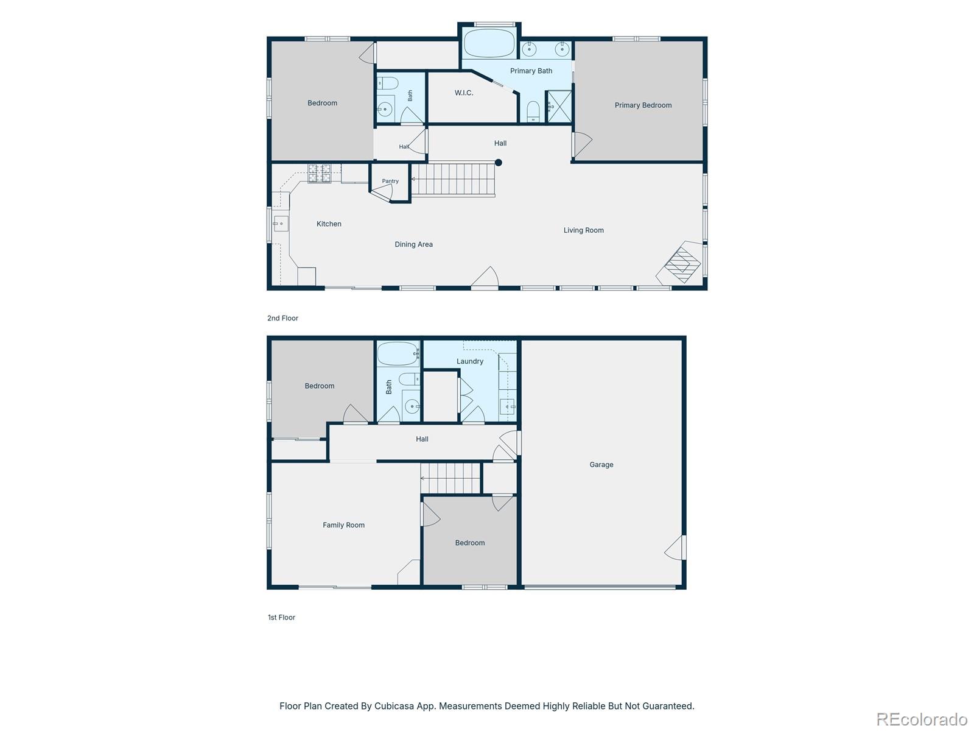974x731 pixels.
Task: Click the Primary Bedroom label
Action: (642, 105)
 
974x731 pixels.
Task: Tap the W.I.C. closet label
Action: (464, 93)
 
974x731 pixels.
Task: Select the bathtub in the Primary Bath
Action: (489, 43)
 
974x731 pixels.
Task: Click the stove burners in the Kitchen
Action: (320, 173)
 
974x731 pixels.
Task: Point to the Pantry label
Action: (390, 181)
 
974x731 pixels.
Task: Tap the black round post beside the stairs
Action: (499, 163)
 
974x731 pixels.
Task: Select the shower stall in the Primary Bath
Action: (559, 107)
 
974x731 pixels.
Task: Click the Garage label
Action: (601, 465)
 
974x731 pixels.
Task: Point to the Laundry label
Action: (470, 361)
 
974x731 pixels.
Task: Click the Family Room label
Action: (343, 525)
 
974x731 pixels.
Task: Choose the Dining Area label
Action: (413, 244)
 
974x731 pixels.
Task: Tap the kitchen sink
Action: (281, 224)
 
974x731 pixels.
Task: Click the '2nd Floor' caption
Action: (282, 318)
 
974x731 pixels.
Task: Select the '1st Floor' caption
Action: (281, 617)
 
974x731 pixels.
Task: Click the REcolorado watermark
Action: (922, 719)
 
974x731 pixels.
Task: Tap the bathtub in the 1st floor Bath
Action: (398, 354)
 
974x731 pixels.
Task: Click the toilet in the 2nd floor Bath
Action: (387, 83)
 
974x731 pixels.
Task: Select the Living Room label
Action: (584, 230)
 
